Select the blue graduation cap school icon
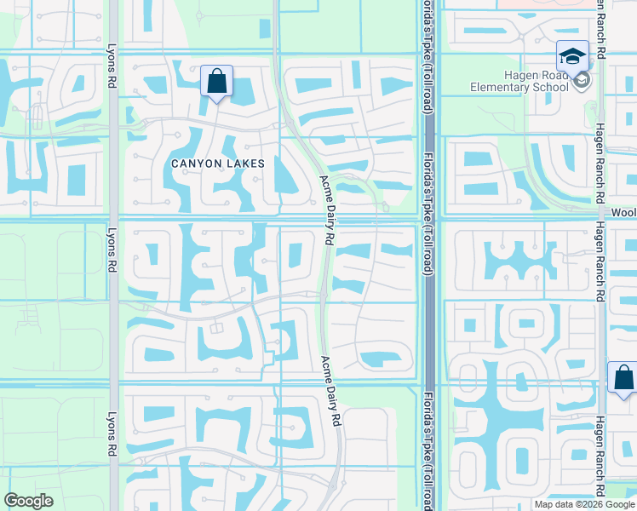point(572,57)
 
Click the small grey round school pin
point(582,82)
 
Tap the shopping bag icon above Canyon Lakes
point(217,82)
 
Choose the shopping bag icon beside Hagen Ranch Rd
point(623,376)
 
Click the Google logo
point(29,501)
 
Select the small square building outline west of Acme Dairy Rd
point(216,328)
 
